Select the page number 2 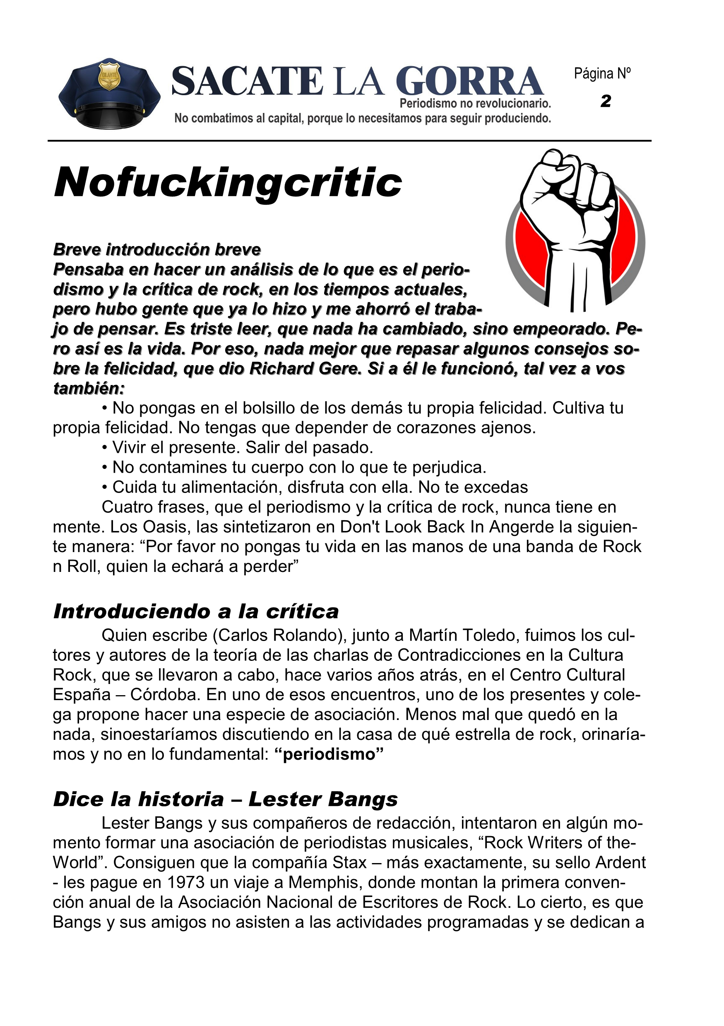pyautogui.click(x=606, y=101)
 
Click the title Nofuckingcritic pyautogui.click(x=228, y=183)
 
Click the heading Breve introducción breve pyautogui.click(x=157, y=249)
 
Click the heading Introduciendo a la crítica pyautogui.click(x=196, y=611)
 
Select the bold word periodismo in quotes pyautogui.click(x=329, y=754)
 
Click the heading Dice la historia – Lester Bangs pyautogui.click(x=225, y=799)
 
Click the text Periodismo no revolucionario pyautogui.click(x=475, y=104)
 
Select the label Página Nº pyautogui.click(x=602, y=73)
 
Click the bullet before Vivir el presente pyautogui.click(x=105, y=448)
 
